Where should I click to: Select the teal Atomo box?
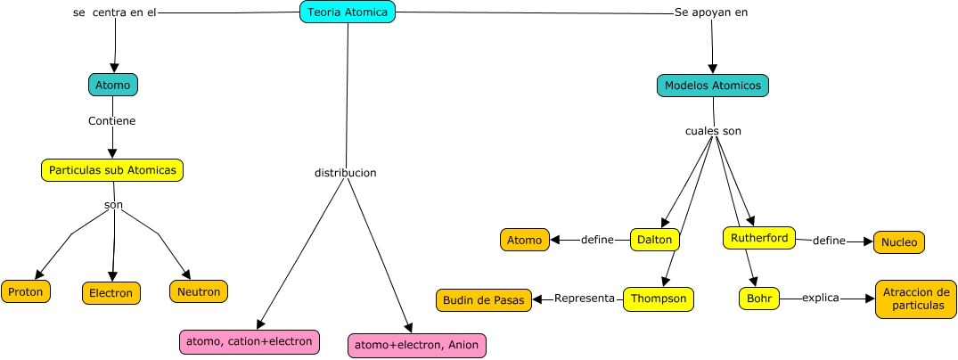pos(113,85)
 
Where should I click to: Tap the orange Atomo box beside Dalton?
pos(524,240)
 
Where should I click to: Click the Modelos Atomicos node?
pos(713,86)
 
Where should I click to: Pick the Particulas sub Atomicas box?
pos(112,169)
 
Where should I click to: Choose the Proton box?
pos(27,291)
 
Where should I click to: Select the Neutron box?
pos(199,290)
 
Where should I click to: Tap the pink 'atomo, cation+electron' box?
pos(249,340)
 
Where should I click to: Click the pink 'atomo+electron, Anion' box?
pos(418,345)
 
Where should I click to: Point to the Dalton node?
pos(655,240)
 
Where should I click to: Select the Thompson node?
pos(658,299)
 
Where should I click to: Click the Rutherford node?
pos(758,238)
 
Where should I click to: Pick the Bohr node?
pos(759,299)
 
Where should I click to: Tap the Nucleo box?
pos(899,241)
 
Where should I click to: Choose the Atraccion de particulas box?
pos(915,299)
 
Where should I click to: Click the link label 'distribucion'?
pos(345,172)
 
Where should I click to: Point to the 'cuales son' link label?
pos(713,131)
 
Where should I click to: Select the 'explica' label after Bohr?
pos(821,298)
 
